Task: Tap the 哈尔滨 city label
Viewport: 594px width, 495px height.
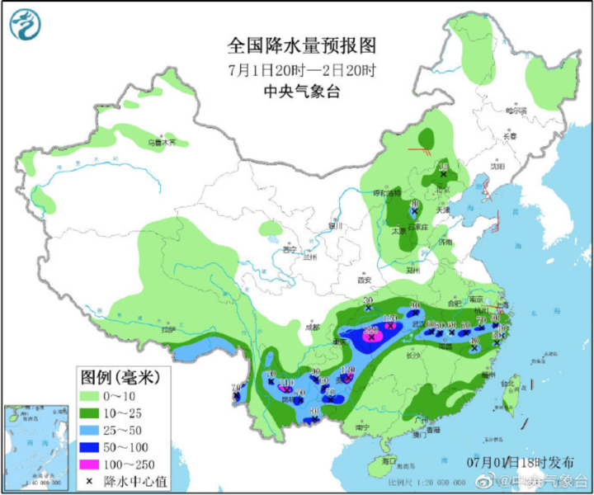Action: pos(516,110)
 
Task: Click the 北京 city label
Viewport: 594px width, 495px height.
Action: pos(443,189)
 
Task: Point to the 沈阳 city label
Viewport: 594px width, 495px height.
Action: pos(496,166)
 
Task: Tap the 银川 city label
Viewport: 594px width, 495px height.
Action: pos(334,224)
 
